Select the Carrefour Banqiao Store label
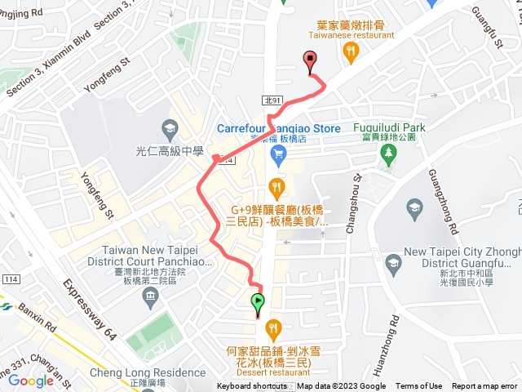point(278,129)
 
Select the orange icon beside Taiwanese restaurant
point(351,53)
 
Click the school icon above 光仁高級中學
point(169,129)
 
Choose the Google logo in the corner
point(31,381)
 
